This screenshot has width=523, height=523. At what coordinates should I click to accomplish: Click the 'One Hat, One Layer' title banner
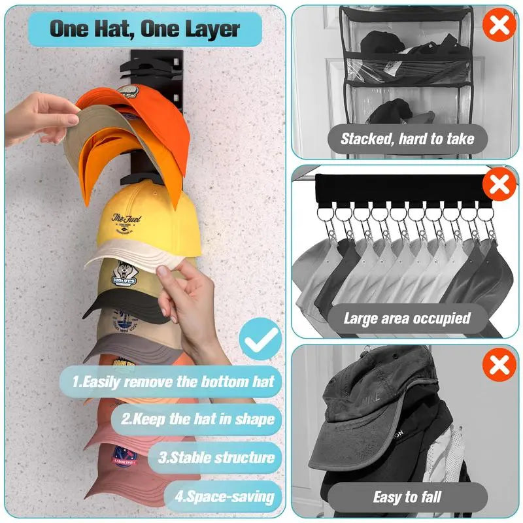click(x=145, y=29)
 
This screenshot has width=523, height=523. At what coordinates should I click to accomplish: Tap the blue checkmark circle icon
click(x=260, y=339)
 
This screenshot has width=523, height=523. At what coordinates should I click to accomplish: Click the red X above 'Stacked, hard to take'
click(x=499, y=26)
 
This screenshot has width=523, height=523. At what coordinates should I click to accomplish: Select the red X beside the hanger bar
click(x=499, y=185)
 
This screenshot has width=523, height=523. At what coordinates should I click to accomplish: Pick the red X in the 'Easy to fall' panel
click(x=499, y=364)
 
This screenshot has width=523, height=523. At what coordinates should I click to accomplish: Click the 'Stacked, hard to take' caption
click(x=407, y=139)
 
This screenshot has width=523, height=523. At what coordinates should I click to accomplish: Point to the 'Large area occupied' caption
click(x=407, y=318)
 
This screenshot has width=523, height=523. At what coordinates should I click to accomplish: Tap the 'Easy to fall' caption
click(x=407, y=497)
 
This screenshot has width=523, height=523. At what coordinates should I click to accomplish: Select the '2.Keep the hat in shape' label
click(x=196, y=418)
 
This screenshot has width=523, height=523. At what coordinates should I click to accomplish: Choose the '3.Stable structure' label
click(x=216, y=456)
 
